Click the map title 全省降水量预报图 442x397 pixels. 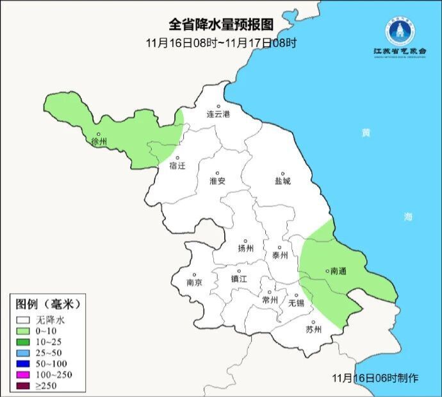[x=221, y=24]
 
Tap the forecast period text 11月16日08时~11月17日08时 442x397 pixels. [x=221, y=43]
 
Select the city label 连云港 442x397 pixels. [x=218, y=114]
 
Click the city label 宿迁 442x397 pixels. [x=177, y=166]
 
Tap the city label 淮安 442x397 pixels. [x=217, y=181]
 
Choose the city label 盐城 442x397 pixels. [x=282, y=181]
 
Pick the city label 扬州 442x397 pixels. [x=245, y=248]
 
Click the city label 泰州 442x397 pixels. [x=280, y=254]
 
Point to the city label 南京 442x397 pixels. [x=194, y=282]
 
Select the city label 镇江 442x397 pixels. [x=239, y=279]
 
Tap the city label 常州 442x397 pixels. [x=270, y=300]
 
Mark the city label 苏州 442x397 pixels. [x=314, y=330]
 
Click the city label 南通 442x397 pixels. [x=338, y=271]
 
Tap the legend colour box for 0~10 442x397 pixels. [x=24, y=330]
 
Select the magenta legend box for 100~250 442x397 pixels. [x=24, y=374]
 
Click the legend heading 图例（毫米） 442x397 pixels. [x=49, y=303]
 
